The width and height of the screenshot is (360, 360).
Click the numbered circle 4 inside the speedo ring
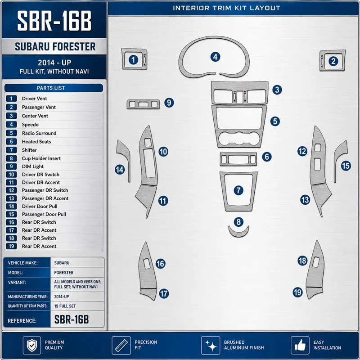click(215, 57)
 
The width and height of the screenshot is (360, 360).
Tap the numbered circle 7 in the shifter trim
click(238, 190)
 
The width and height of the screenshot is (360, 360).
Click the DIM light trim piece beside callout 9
click(143, 104)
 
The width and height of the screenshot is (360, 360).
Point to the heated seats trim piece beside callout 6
click(238, 159)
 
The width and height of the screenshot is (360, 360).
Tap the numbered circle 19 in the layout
click(297, 292)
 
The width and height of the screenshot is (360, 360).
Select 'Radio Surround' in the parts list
click(39, 133)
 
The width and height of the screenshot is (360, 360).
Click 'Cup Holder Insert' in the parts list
click(41, 158)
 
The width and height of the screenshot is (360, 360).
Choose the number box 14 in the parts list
click(11, 207)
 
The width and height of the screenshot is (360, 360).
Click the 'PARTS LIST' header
click(51, 88)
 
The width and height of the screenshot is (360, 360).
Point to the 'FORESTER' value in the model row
click(64, 273)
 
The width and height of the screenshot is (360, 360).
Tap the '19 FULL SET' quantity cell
click(65, 306)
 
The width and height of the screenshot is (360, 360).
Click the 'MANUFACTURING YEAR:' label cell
click(27, 297)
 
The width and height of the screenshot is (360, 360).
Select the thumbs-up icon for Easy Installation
click(300, 345)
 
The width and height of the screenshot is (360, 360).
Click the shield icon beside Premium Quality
click(32, 345)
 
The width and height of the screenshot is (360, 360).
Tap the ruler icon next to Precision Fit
click(121, 345)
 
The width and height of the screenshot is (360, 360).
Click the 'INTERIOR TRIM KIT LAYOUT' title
click(226, 8)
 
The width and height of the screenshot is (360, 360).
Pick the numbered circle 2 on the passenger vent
click(333, 61)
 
